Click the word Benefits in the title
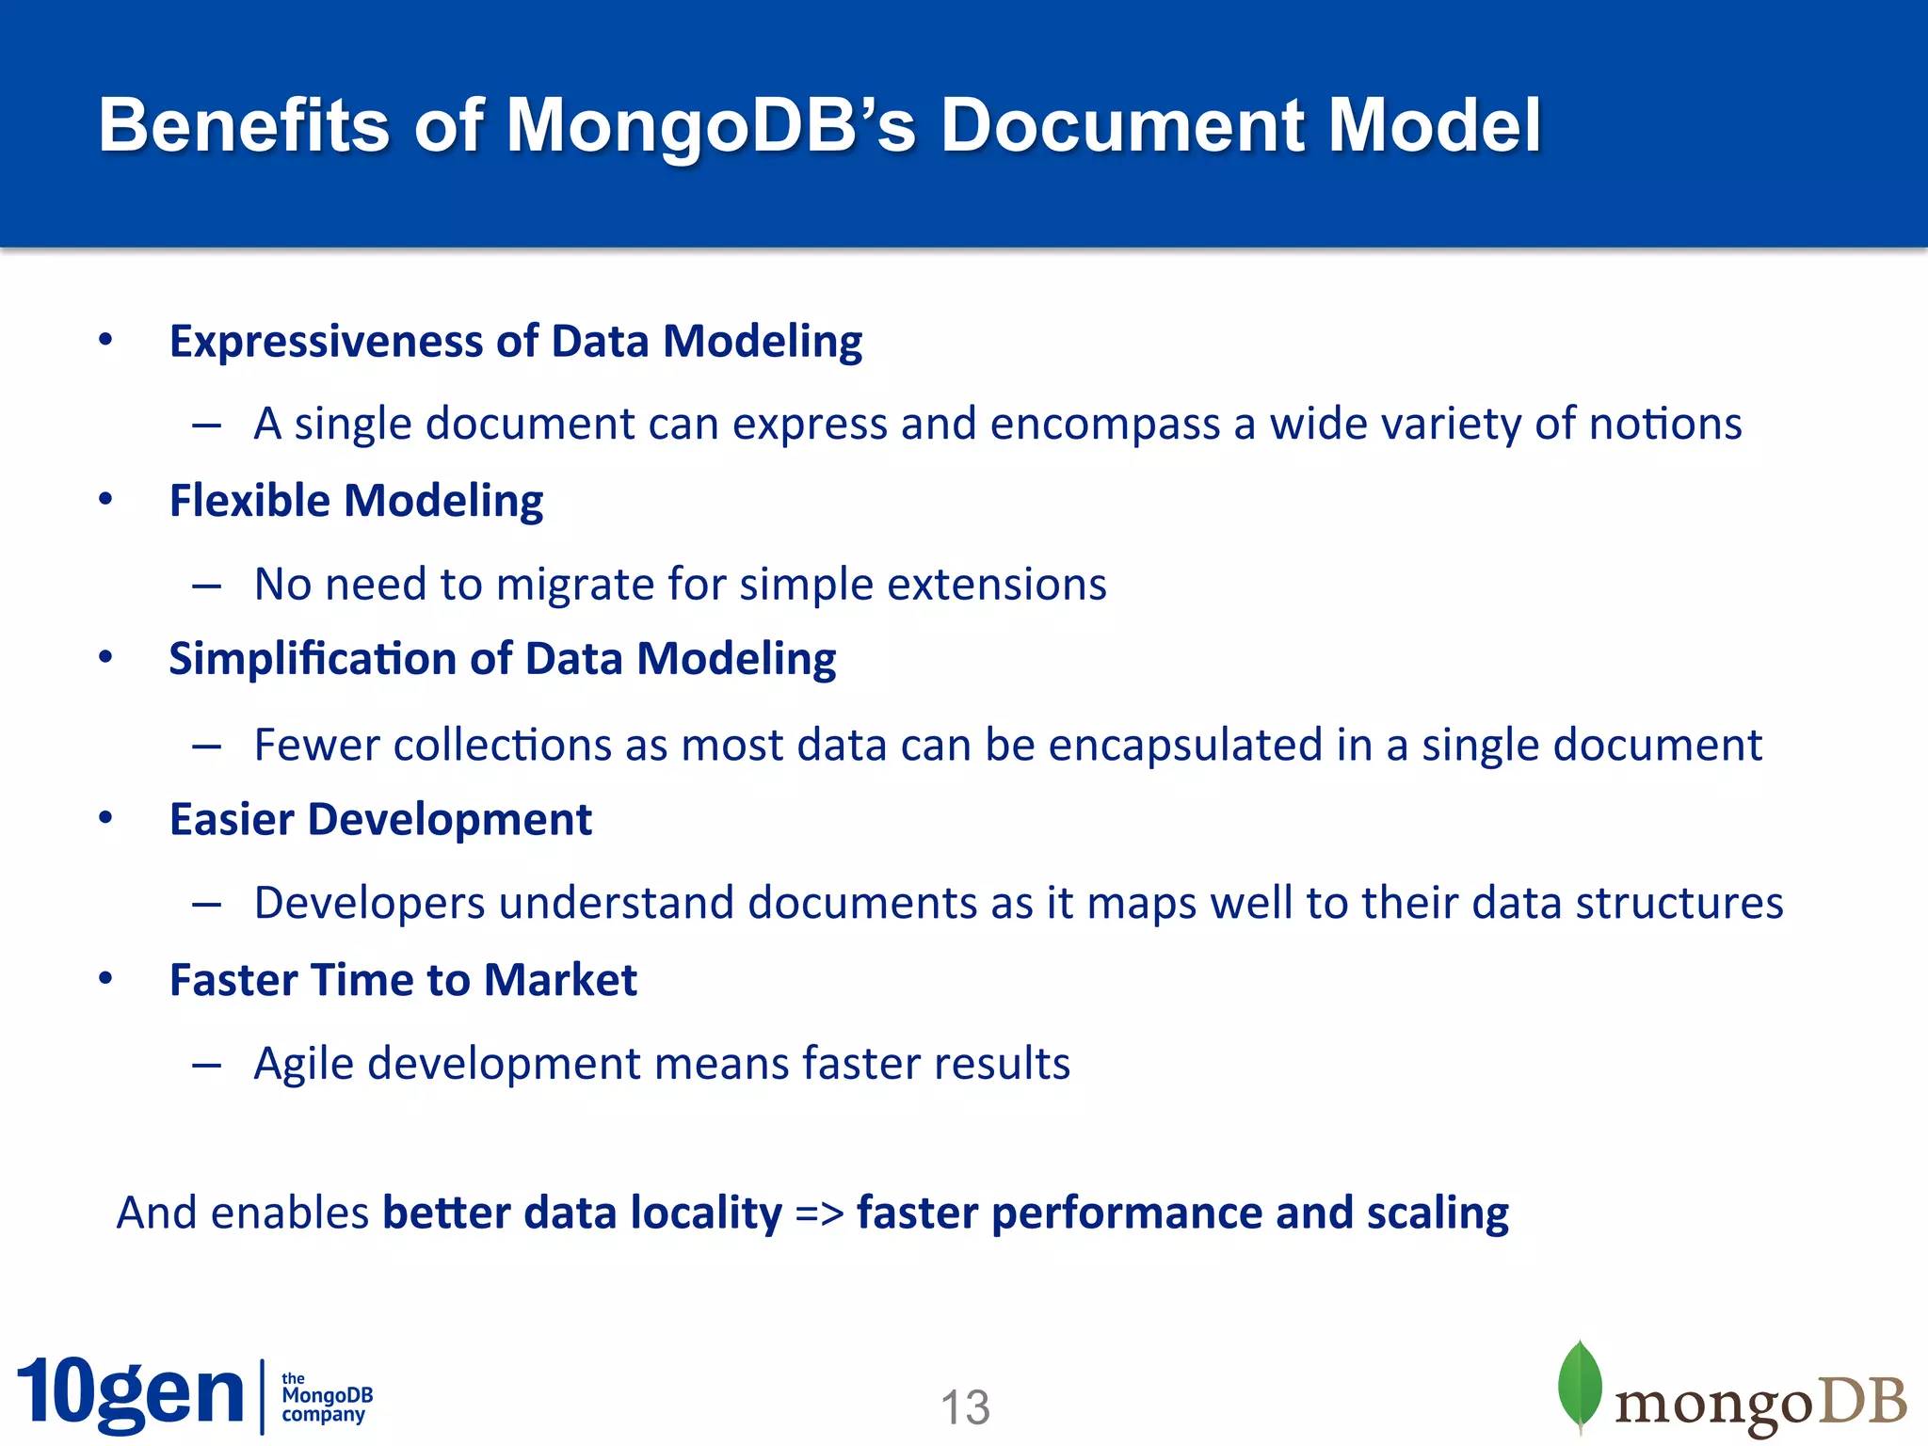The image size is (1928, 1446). click(x=243, y=125)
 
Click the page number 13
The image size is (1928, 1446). click(x=965, y=1407)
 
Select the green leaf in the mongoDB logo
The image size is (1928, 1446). click(x=1581, y=1386)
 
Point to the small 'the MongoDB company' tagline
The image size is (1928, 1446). click(x=326, y=1397)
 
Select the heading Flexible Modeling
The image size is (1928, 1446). click(x=356, y=501)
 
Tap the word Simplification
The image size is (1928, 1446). click(x=313, y=659)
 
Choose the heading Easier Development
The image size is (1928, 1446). click(x=380, y=819)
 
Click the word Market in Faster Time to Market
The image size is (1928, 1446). click(x=560, y=980)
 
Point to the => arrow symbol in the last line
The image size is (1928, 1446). click(x=819, y=1213)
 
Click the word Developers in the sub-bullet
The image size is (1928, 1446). click(x=370, y=904)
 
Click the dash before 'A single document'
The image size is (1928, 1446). click(x=206, y=426)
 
